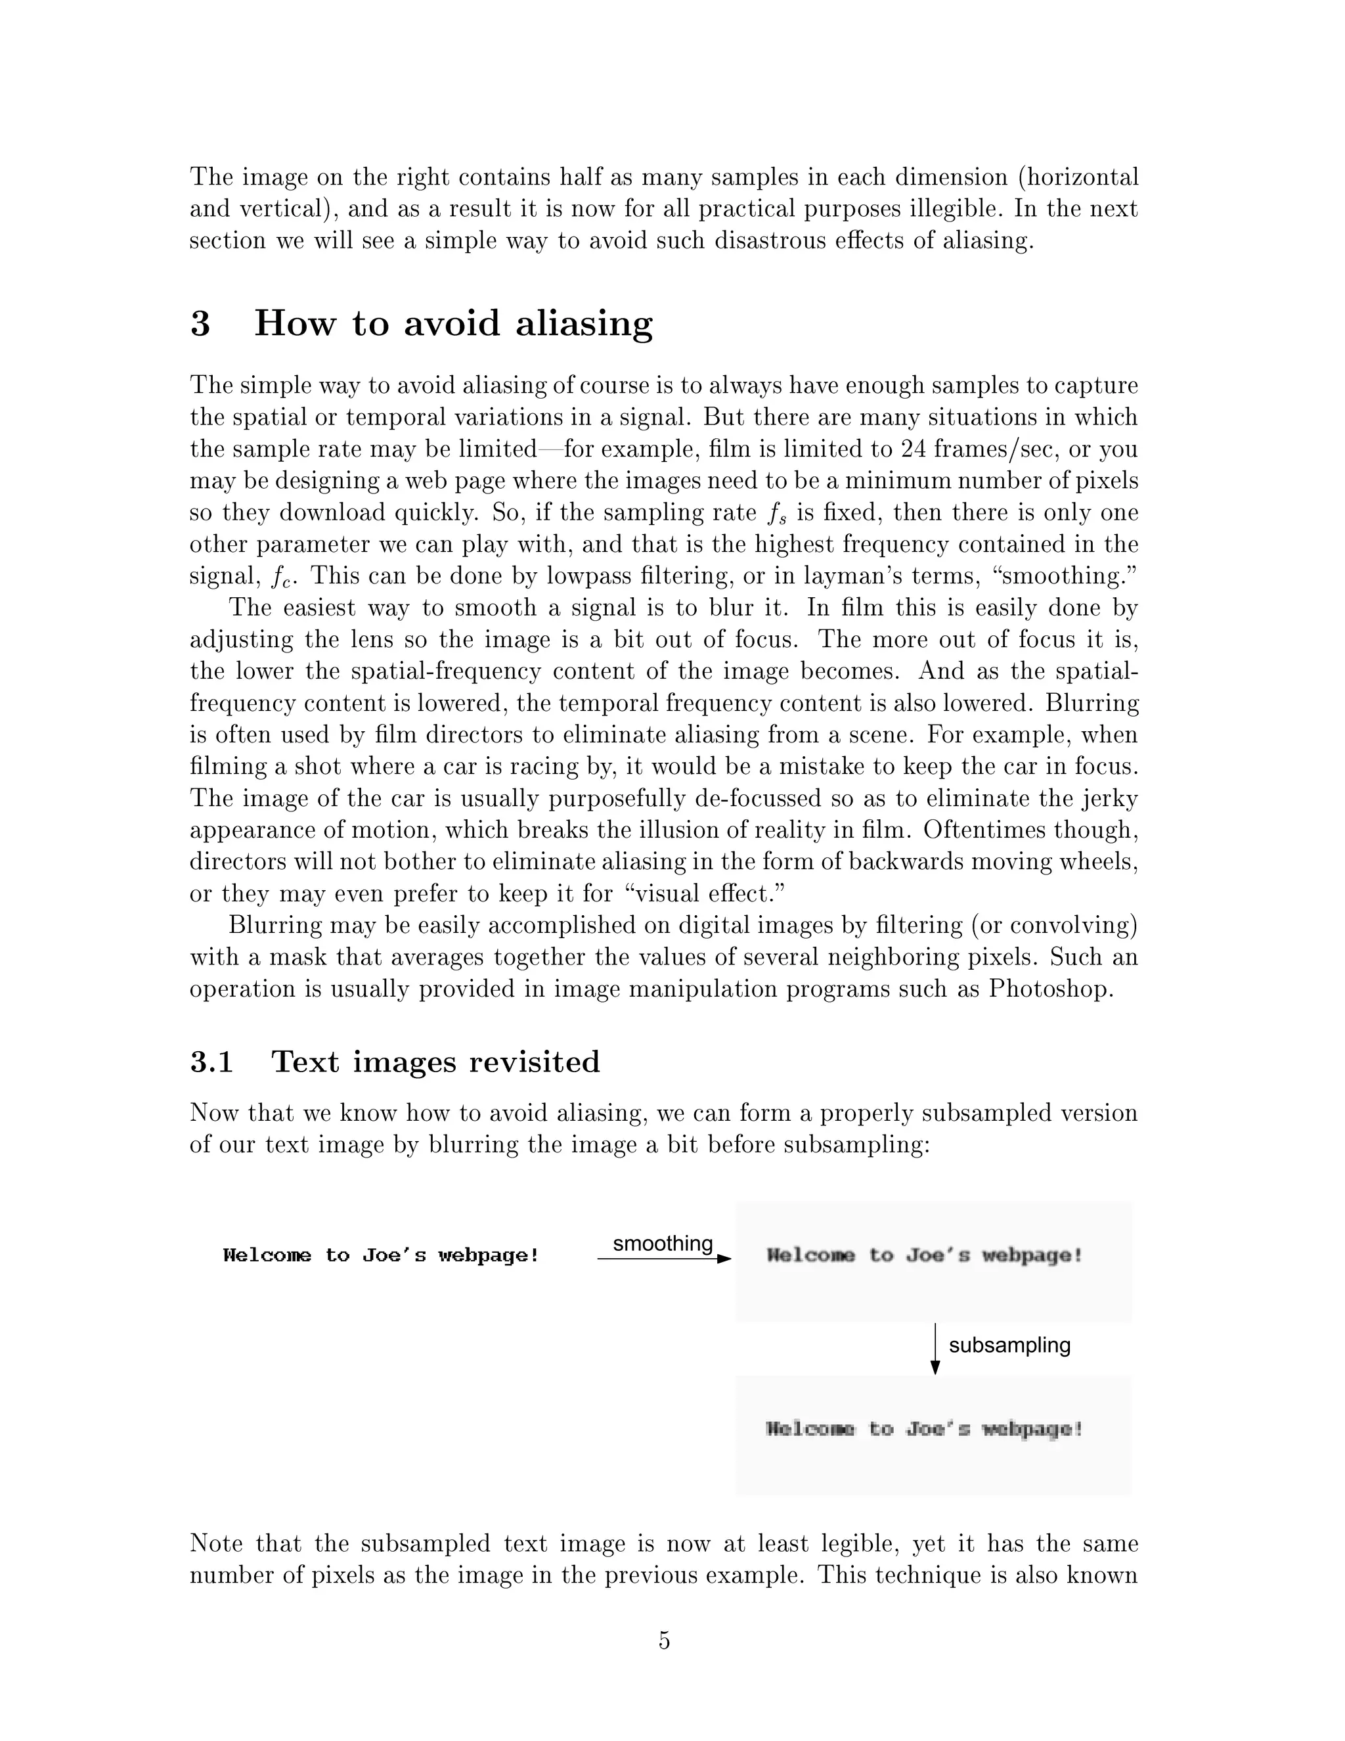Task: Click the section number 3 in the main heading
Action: click(x=200, y=324)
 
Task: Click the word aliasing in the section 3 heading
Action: click(x=583, y=324)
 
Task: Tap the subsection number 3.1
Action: click(x=211, y=1062)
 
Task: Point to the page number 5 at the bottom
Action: click(x=665, y=1640)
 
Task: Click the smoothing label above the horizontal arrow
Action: click(x=662, y=1243)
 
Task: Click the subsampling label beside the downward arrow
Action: click(x=1009, y=1345)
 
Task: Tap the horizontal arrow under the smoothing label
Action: click(x=663, y=1259)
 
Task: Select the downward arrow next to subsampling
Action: click(x=935, y=1349)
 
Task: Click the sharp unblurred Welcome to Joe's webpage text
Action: click(x=381, y=1255)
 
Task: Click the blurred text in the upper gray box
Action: click(x=924, y=1255)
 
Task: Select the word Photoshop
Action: click(x=1049, y=989)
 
